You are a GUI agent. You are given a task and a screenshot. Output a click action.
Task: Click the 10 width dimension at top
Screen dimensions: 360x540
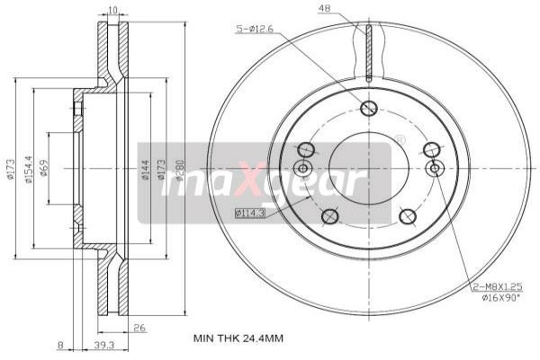(x=112, y=11)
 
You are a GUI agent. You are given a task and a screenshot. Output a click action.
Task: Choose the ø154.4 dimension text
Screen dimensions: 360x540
(x=30, y=168)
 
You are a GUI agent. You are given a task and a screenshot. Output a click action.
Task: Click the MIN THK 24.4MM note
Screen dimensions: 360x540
(x=238, y=338)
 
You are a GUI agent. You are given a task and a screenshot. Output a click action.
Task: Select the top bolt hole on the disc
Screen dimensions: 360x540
(x=367, y=109)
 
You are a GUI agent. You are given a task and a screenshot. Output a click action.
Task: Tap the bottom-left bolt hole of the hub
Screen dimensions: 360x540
(x=329, y=215)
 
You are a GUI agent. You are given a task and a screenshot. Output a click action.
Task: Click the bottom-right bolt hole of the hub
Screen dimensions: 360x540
(x=407, y=215)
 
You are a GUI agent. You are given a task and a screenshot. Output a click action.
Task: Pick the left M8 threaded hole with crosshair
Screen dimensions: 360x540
(x=302, y=168)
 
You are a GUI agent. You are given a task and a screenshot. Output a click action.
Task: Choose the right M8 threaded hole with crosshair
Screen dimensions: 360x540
(x=435, y=168)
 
